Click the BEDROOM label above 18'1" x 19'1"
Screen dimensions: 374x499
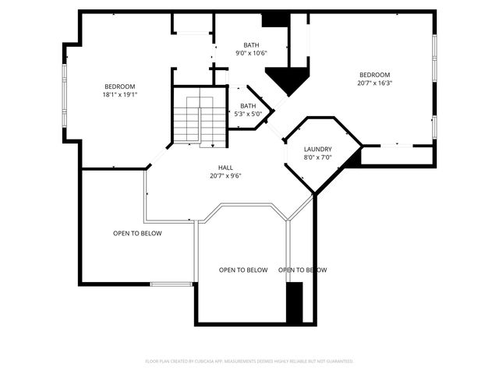pos(120,86)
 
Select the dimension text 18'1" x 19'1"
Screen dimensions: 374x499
pos(120,95)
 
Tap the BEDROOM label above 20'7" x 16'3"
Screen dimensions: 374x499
pos(374,75)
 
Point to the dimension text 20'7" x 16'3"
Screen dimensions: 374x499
pos(374,83)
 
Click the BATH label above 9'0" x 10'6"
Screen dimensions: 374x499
pos(251,45)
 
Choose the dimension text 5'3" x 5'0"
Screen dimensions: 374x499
pos(248,115)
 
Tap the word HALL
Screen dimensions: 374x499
pos(225,167)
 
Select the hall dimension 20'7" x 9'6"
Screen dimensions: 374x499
pos(225,175)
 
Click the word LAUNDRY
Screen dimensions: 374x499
pos(318,149)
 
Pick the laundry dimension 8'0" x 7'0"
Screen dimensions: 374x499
pos(318,157)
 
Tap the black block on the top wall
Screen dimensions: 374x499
pos(275,19)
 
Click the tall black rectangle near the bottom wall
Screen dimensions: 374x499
pos(294,303)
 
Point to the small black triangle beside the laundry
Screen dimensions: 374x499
pos(355,159)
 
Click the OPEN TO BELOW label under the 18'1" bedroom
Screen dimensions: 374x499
pos(137,233)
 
